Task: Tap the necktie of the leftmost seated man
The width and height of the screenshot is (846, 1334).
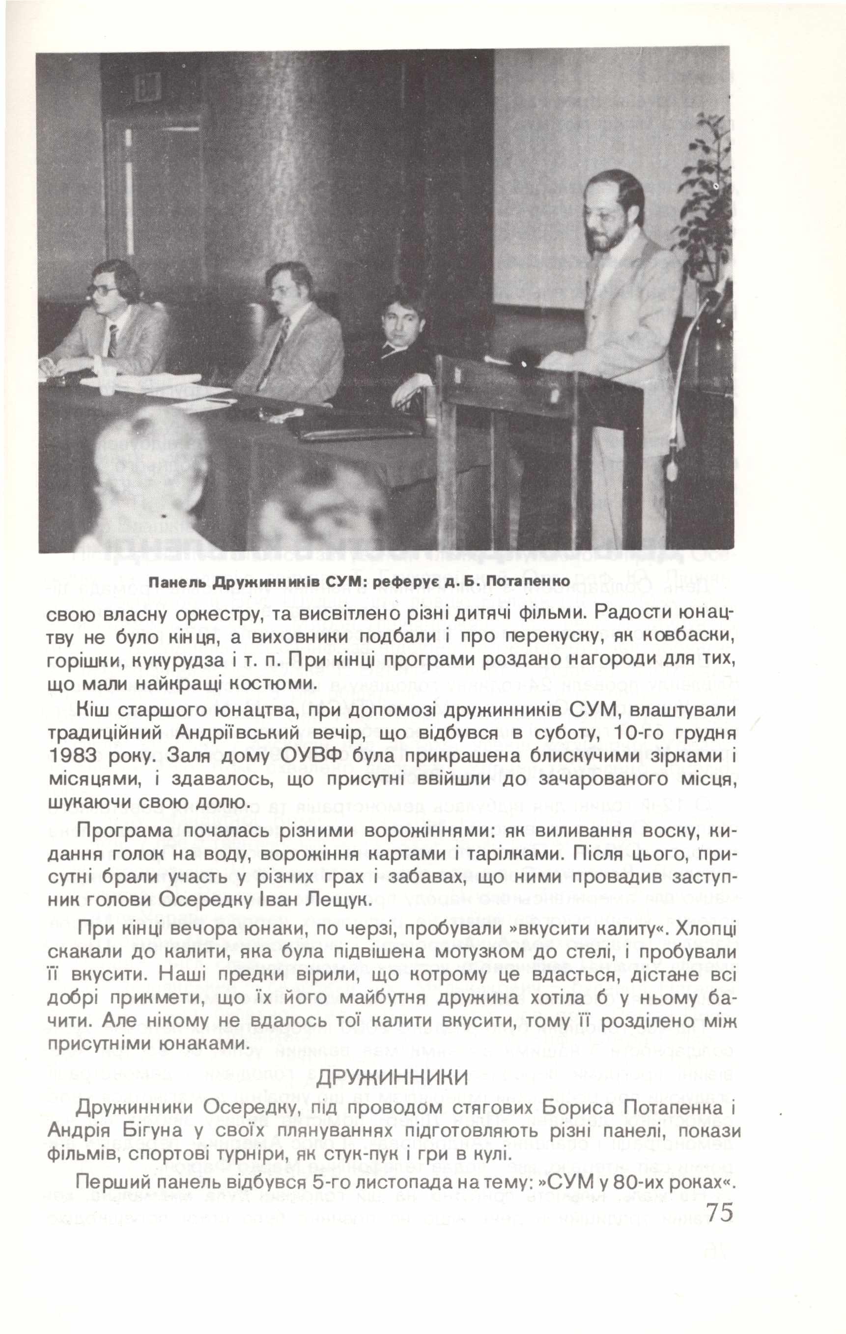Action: pyautogui.click(x=113, y=339)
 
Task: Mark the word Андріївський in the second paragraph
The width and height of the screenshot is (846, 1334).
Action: pyautogui.click(x=244, y=734)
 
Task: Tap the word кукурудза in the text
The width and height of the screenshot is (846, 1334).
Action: pyautogui.click(x=173, y=660)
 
